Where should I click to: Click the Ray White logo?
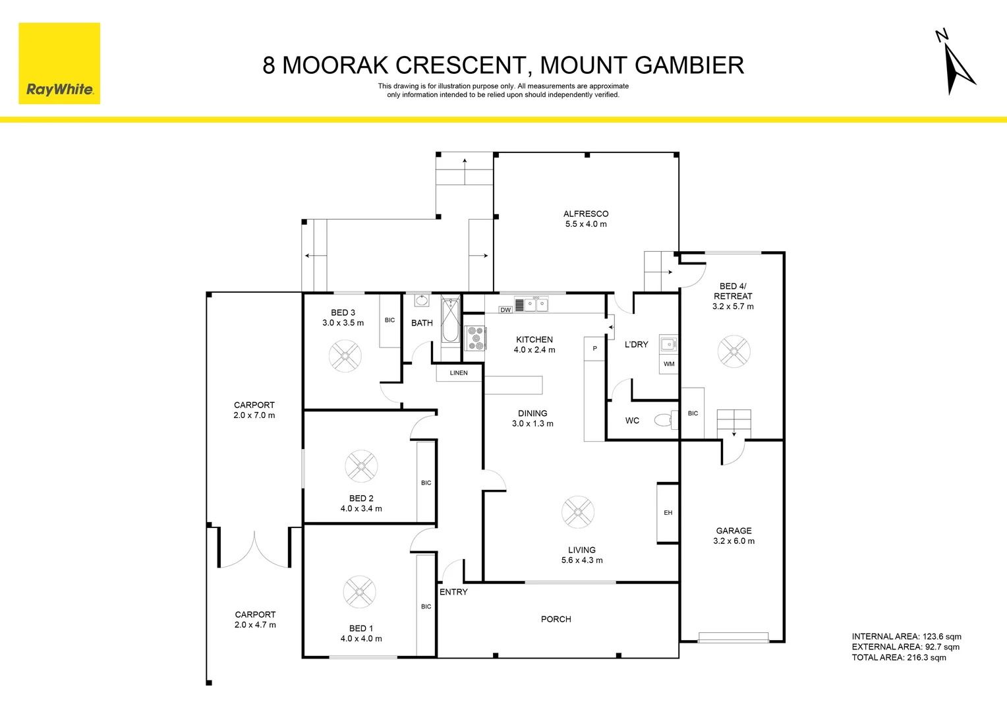[x=59, y=64]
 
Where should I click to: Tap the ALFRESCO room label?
[x=585, y=214]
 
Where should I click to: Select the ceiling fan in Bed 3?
[x=345, y=356]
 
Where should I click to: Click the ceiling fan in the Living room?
[x=578, y=512]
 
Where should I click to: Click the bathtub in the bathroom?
[x=450, y=321]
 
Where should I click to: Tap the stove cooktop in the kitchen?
[x=476, y=338]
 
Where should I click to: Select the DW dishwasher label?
[x=505, y=310]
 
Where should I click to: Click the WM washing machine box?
[x=669, y=364]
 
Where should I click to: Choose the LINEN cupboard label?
[x=459, y=373]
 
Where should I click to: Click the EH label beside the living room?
[x=668, y=513]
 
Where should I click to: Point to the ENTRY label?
[x=453, y=592]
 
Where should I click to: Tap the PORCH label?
[x=556, y=619]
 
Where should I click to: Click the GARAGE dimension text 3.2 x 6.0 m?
[x=734, y=541]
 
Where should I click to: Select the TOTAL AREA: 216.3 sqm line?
[x=898, y=657]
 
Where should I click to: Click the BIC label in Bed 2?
[x=426, y=483]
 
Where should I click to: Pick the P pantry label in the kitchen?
[x=594, y=349]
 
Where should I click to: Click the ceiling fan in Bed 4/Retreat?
[x=734, y=351]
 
